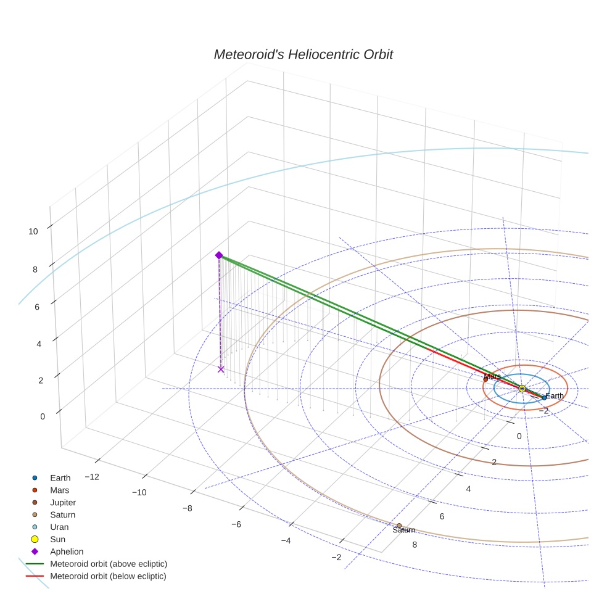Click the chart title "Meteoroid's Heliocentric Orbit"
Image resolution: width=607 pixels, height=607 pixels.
[303, 55]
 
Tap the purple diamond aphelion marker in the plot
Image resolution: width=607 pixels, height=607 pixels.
[218, 255]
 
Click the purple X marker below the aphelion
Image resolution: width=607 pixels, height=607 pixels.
[221, 369]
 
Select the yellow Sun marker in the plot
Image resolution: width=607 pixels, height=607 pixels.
[522, 388]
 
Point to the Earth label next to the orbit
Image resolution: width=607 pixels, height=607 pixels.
[554, 396]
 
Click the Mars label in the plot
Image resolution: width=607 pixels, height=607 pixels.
[492, 376]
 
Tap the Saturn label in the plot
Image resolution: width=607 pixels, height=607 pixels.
[403, 530]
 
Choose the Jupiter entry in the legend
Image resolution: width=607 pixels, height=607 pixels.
[63, 502]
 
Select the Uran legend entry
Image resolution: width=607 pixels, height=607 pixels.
[59, 527]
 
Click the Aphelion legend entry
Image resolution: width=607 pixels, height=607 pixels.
[66, 551]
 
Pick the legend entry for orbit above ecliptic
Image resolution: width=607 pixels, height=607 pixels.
[109, 564]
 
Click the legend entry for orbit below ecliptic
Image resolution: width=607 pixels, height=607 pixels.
[108, 576]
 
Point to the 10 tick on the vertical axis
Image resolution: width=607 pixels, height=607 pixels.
[33, 231]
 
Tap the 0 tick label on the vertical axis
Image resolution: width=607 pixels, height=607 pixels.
[43, 416]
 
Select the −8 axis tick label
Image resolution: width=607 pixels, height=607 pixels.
[187, 508]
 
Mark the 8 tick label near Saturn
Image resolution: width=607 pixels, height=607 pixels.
[414, 545]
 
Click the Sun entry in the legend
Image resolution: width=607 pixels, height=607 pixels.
[57, 539]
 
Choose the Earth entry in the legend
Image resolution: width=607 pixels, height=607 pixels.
[60, 477]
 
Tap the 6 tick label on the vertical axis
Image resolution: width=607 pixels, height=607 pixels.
[38, 307]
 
